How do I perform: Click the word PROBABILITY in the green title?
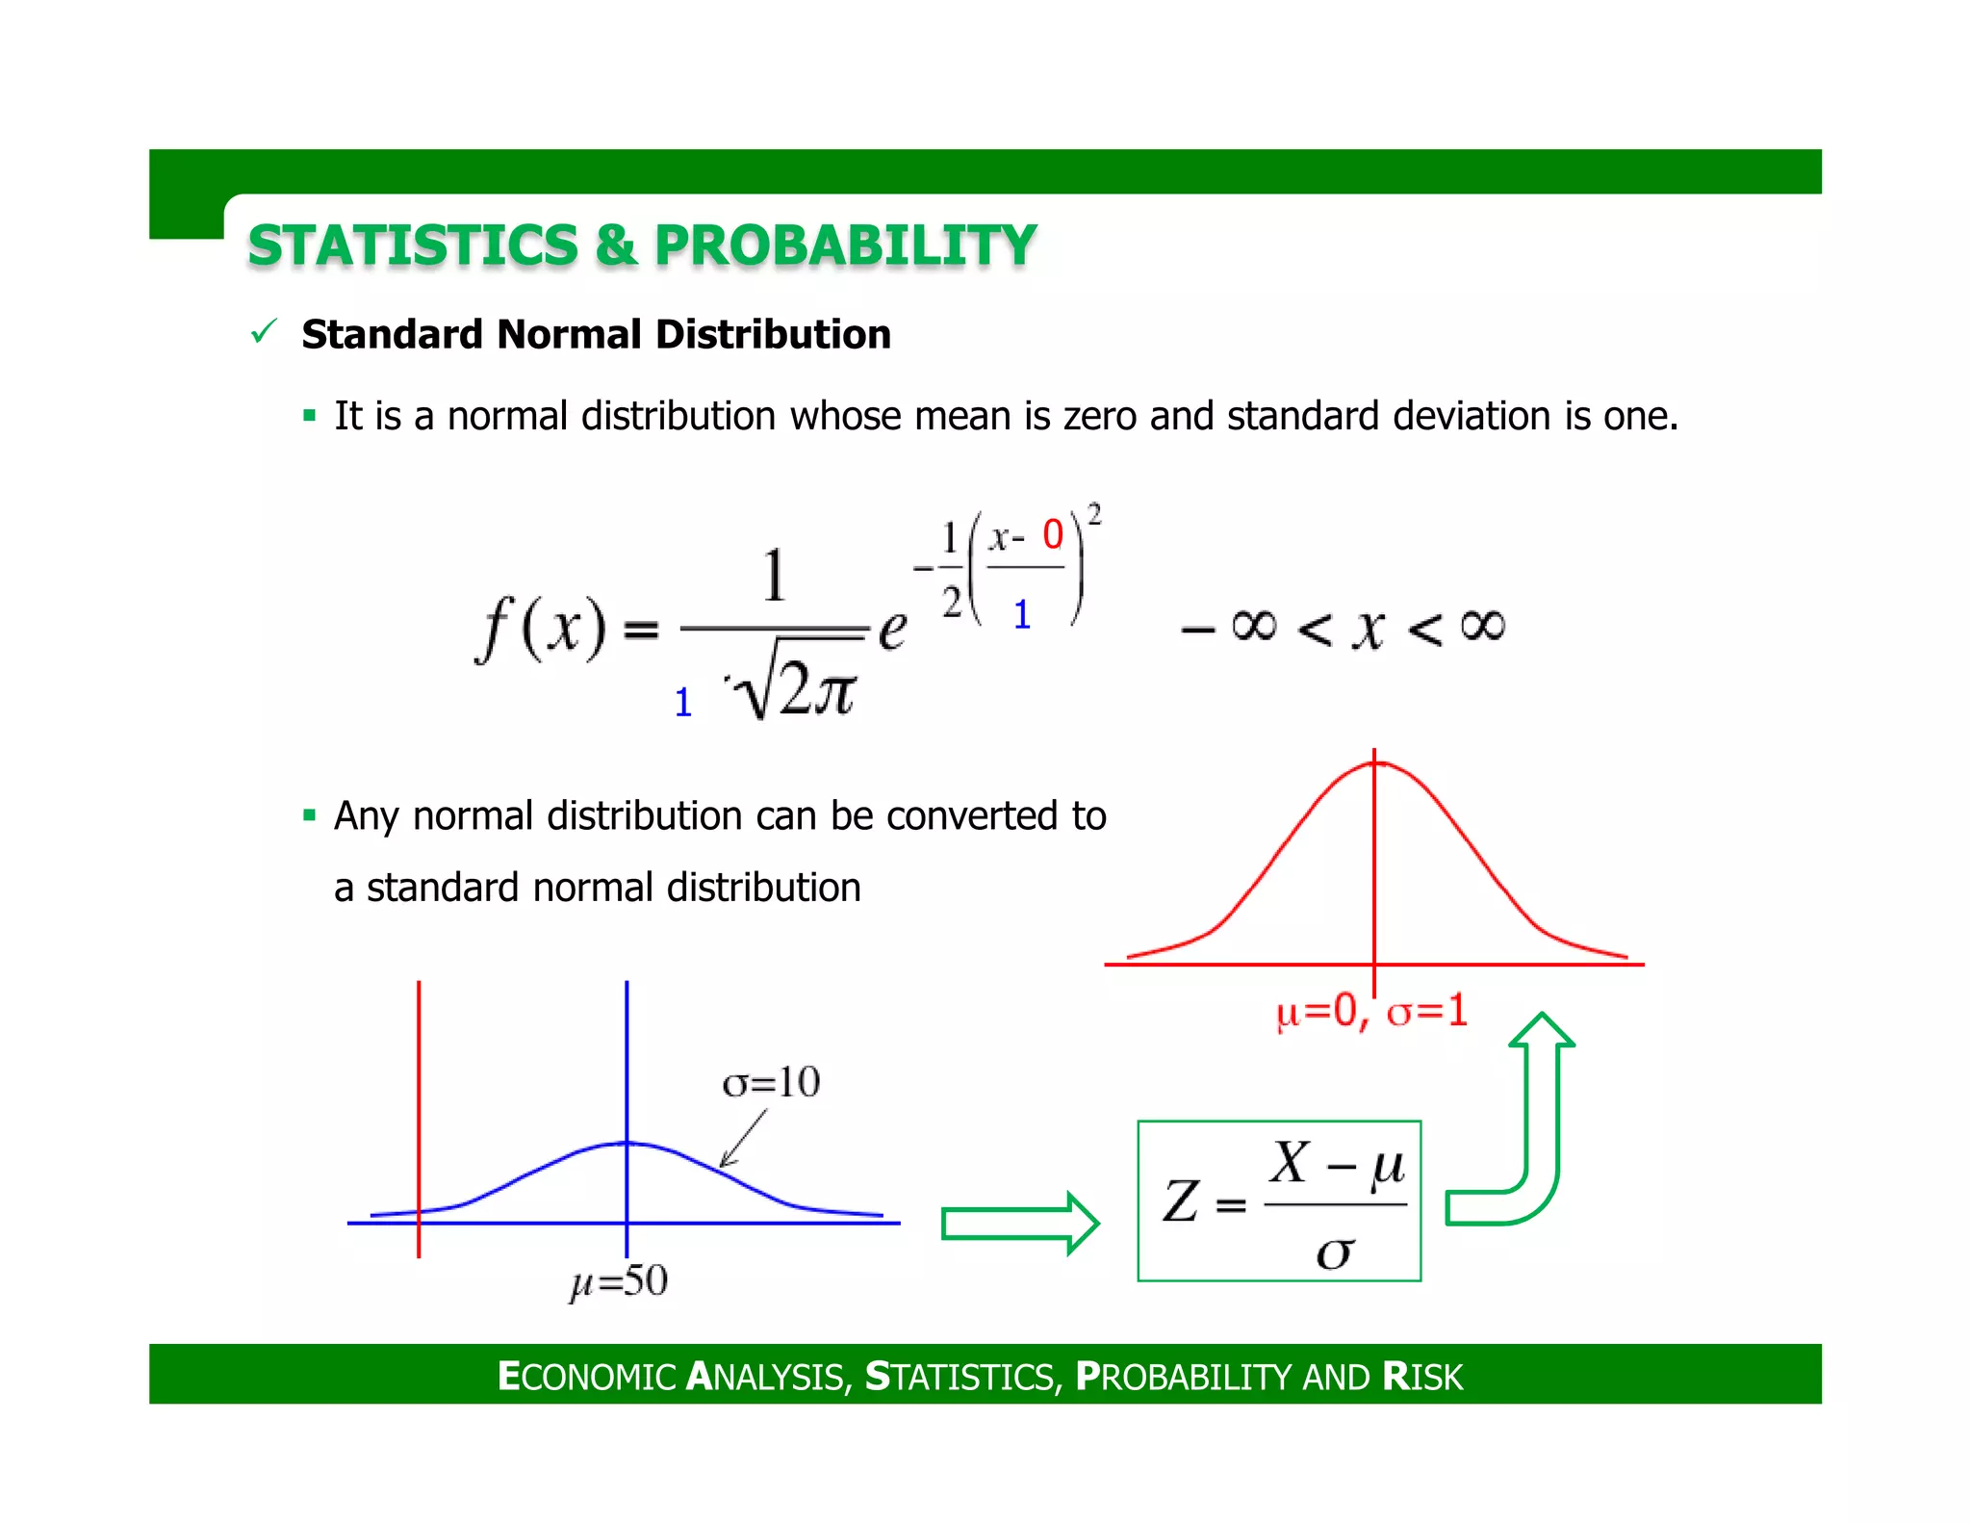pos(845,245)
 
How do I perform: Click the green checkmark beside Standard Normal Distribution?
pos(264,332)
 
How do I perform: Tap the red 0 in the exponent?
pos(1053,534)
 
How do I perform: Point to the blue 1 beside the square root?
pos(683,703)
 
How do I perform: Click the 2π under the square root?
pos(816,689)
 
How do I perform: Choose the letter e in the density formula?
pos(893,631)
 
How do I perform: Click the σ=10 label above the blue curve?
pos(771,1082)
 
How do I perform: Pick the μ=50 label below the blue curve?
pos(619,1281)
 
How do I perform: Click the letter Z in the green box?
pos(1181,1202)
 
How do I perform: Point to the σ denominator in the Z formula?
pos(1335,1252)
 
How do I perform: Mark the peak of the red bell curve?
pos(1374,763)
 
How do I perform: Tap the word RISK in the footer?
pos(1423,1377)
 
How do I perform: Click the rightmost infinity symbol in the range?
pos(1482,626)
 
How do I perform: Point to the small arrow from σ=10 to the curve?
pos(743,1139)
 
